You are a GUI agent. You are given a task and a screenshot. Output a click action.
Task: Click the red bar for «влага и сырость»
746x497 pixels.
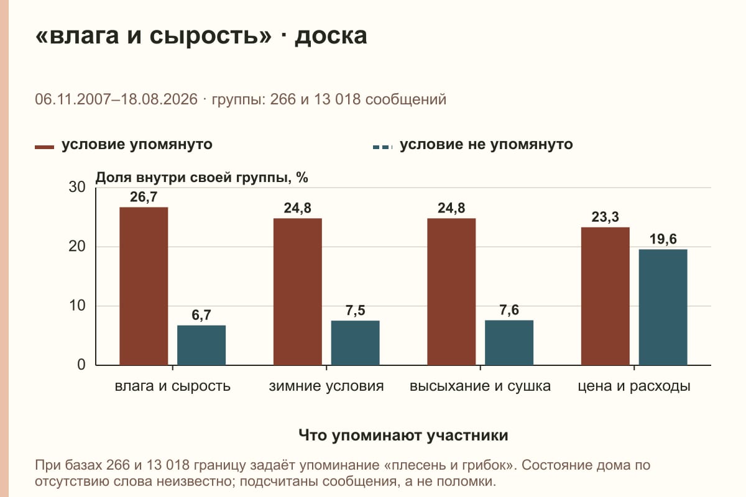click(x=144, y=286)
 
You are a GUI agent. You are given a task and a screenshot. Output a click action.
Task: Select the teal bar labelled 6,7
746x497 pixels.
click(x=201, y=345)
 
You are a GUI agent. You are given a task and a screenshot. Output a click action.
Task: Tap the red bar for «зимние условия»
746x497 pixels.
click(x=297, y=291)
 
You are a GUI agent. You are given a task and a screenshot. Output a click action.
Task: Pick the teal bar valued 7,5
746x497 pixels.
click(x=355, y=343)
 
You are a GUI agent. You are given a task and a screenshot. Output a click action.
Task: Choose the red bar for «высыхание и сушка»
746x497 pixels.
click(x=451, y=291)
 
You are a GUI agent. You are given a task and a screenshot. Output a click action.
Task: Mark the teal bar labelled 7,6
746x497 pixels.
click(x=509, y=342)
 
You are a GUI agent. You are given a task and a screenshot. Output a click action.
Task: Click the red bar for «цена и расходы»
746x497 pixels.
click(x=605, y=296)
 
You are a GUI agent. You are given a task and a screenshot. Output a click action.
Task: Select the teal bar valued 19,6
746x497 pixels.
click(x=663, y=308)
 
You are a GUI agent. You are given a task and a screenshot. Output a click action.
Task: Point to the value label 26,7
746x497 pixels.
click(x=144, y=197)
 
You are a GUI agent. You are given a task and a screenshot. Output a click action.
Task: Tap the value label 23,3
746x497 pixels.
click(x=605, y=217)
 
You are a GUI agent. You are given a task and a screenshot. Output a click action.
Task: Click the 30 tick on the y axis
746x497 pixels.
click(x=77, y=187)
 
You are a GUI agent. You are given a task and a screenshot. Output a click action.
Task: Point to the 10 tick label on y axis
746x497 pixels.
click(x=77, y=306)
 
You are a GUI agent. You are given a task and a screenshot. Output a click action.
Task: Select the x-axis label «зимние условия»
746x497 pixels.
click(x=326, y=386)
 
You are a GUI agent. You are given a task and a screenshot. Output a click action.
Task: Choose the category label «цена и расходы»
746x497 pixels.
click(x=634, y=386)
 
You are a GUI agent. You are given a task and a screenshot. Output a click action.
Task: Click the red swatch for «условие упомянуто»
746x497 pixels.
click(x=44, y=147)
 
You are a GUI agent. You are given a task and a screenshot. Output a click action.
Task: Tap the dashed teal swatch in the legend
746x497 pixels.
click(x=383, y=147)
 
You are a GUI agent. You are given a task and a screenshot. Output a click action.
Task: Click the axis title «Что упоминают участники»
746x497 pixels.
click(x=403, y=435)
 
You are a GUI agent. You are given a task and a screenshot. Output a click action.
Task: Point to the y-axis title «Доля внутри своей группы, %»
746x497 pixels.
click(x=202, y=178)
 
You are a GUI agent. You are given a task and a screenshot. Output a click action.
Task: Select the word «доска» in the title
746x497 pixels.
click(x=331, y=36)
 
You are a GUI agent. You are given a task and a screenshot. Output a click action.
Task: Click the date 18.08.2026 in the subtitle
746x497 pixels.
click(x=159, y=99)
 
